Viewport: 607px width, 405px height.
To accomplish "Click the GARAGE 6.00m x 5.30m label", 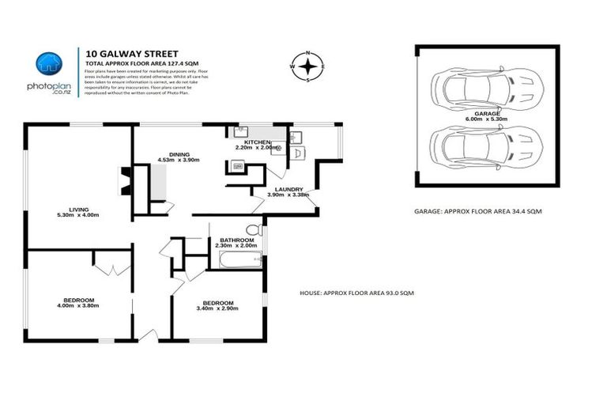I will pyautogui.click(x=487, y=117).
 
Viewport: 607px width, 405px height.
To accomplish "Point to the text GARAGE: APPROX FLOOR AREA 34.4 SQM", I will pyautogui.click(x=477, y=212).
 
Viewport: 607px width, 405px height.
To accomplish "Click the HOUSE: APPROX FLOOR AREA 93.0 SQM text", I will pyautogui.click(x=356, y=293).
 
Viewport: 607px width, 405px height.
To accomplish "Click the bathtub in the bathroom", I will pyautogui.click(x=235, y=260).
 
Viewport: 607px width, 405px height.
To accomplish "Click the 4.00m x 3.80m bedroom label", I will pyautogui.click(x=79, y=303).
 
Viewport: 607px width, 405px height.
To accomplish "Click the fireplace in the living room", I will pyautogui.click(x=123, y=180).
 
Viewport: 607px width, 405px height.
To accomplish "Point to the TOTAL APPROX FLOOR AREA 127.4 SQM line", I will pyautogui.click(x=136, y=62).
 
